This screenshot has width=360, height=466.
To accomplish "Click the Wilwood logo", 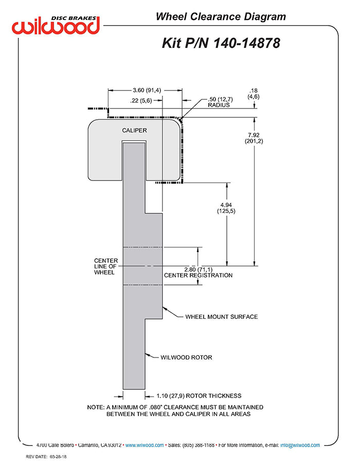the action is tap(56, 25).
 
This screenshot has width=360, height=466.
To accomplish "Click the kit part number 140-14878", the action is tap(247, 43).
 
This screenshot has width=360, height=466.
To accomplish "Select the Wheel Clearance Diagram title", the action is tap(221, 16).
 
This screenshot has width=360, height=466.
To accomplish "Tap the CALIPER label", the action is tap(134, 131).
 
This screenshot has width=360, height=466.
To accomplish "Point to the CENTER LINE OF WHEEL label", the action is tap(106, 266).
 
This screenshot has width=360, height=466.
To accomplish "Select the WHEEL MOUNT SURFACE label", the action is tap(222, 317).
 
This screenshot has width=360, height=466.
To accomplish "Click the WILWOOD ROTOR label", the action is tap(186, 357).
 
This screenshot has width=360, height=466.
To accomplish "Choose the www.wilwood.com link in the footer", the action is tap(145, 445).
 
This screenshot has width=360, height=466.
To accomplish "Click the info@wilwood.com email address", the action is tap(300, 445).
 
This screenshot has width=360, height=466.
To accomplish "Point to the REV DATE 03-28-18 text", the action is tap(46, 457).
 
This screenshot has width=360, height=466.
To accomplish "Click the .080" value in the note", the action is tap(156, 407).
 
